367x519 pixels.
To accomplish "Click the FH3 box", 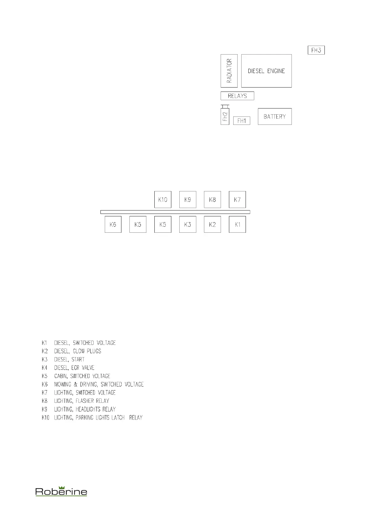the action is [316, 50].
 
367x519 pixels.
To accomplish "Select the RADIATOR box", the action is [229, 71].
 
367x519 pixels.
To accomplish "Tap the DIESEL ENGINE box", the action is [266, 71].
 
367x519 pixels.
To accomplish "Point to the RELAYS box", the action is [237, 96].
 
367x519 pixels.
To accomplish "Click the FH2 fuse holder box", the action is [225, 116].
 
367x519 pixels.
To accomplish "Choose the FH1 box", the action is [242, 121].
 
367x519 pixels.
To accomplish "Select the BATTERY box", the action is [275, 116].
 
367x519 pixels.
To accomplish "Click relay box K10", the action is [163, 199].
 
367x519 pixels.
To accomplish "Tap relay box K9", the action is [188, 199].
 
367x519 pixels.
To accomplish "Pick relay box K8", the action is [212, 199].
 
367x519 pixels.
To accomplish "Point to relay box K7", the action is [237, 199].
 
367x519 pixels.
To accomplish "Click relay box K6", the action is [113, 224].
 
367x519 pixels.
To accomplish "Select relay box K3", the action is [188, 224].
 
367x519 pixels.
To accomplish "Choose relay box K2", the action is [212, 224].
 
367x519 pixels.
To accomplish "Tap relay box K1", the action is [237, 224].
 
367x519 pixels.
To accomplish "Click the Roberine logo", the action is [61, 491].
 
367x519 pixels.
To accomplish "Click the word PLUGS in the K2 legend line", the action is [94, 351].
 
